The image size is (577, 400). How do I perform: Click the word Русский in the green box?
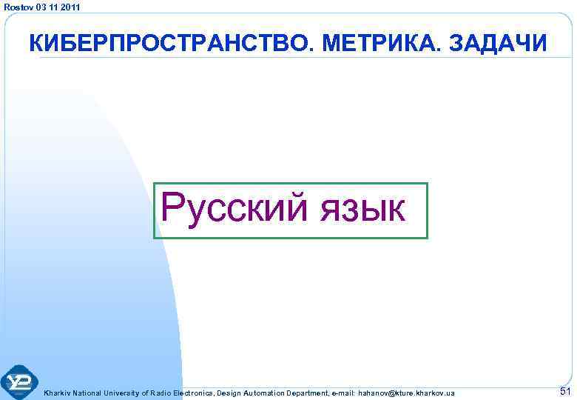click(237, 208)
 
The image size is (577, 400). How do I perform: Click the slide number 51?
click(566, 391)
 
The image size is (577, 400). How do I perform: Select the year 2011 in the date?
click(71, 7)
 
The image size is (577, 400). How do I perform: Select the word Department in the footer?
click(308, 393)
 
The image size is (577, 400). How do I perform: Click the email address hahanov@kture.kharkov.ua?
click(406, 393)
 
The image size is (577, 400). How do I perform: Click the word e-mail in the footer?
click(343, 393)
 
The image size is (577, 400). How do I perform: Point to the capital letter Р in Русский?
click(172, 207)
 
